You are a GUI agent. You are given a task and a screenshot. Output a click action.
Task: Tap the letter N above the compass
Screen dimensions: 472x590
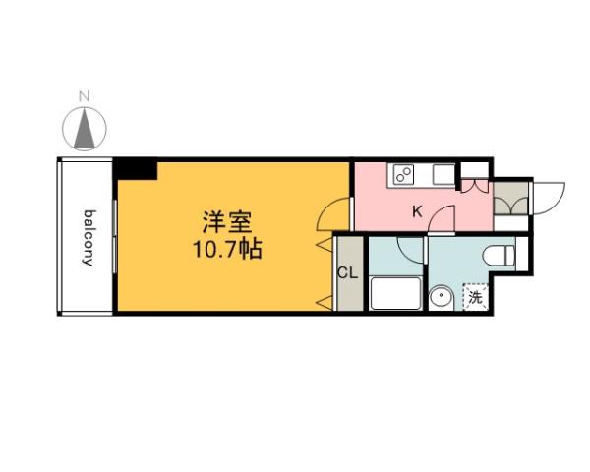pyautogui.click(x=86, y=96)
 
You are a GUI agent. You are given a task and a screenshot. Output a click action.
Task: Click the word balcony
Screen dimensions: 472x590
pyautogui.click(x=88, y=237)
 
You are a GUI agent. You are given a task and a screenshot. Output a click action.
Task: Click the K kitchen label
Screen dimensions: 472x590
pyautogui.click(x=416, y=210)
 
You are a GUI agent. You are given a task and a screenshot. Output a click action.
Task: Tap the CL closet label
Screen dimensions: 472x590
pyautogui.click(x=348, y=273)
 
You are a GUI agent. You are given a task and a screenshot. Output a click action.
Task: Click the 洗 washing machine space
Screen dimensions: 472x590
pyautogui.click(x=476, y=296)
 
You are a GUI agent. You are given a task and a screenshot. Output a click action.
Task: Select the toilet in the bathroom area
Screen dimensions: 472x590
pyautogui.click(x=502, y=254)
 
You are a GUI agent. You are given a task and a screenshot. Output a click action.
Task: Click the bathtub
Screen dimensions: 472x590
pyautogui.click(x=394, y=294)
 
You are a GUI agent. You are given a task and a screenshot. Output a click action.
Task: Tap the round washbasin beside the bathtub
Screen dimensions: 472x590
pyautogui.click(x=442, y=296)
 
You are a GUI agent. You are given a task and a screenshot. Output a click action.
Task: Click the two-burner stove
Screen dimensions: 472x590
pyautogui.click(x=402, y=175)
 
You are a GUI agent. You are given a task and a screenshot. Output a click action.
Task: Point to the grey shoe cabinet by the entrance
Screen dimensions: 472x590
pyautogui.click(x=510, y=199)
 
